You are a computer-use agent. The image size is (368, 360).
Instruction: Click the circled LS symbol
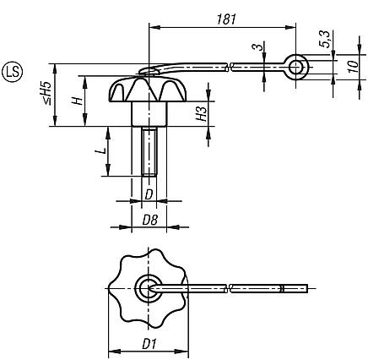click(x=14, y=68)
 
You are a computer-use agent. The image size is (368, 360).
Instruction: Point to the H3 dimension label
click(x=202, y=113)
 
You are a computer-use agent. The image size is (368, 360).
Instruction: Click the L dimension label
click(x=100, y=151)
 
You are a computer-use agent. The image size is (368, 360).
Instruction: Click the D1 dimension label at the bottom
click(x=149, y=343)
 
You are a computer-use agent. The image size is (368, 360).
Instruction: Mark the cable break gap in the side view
click(x=232, y=64)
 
